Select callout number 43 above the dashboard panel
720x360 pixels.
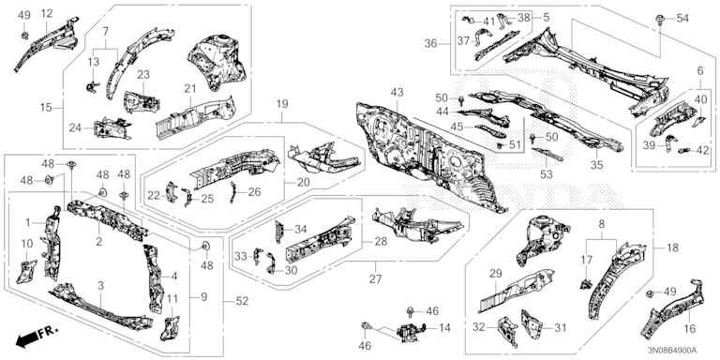tap(397, 93)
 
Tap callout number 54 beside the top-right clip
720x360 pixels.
tap(682, 19)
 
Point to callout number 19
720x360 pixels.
tap(282, 104)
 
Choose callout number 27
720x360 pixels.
tap(375, 278)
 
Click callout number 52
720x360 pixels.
tap(242, 301)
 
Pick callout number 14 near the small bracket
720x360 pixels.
tap(444, 328)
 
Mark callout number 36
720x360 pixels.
tap(430, 43)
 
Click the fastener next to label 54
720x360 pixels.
tap(659, 20)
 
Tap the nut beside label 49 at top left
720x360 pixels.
tap(25, 35)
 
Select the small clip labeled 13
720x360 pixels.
tap(92, 86)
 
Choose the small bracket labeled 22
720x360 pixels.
tap(172, 191)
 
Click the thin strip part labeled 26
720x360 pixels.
tap(233, 191)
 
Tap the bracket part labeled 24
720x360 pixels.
tap(112, 128)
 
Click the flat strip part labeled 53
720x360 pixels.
tap(547, 154)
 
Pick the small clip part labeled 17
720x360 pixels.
tap(585, 285)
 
